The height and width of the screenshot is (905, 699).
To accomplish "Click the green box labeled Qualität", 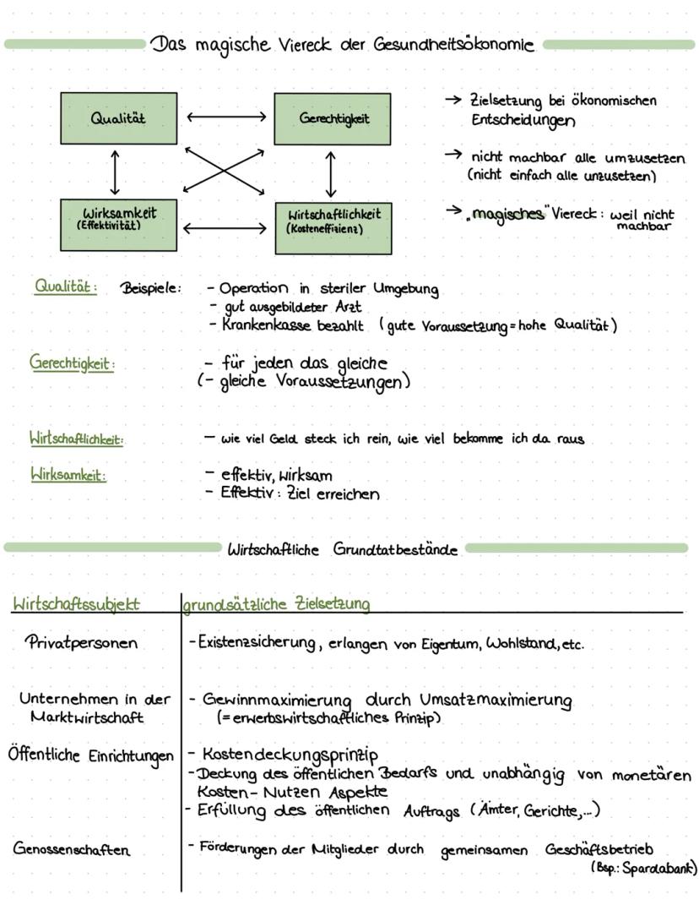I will click(118, 118).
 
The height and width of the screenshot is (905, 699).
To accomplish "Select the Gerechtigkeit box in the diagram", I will click(333, 119).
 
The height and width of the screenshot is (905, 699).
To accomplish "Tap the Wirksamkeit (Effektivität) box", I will click(118, 225).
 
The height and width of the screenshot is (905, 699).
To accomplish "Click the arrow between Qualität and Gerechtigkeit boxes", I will click(225, 117).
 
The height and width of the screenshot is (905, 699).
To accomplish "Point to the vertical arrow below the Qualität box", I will click(115, 172).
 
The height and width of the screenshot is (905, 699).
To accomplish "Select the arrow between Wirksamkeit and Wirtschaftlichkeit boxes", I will click(225, 227).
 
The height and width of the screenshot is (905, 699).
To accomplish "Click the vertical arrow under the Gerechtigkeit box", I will click(331, 175).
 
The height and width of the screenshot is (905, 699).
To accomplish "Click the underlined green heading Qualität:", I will click(65, 286).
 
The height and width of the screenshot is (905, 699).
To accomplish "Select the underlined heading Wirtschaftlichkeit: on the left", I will click(77, 439).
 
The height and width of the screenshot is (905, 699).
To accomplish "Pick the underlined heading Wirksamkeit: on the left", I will click(68, 475).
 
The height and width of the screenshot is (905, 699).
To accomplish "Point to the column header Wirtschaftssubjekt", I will click(76, 603).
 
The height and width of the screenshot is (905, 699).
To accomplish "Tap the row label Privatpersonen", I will click(81, 642).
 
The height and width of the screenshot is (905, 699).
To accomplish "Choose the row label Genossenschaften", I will click(72, 849).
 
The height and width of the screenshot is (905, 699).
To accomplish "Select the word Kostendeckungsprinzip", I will click(288, 754).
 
